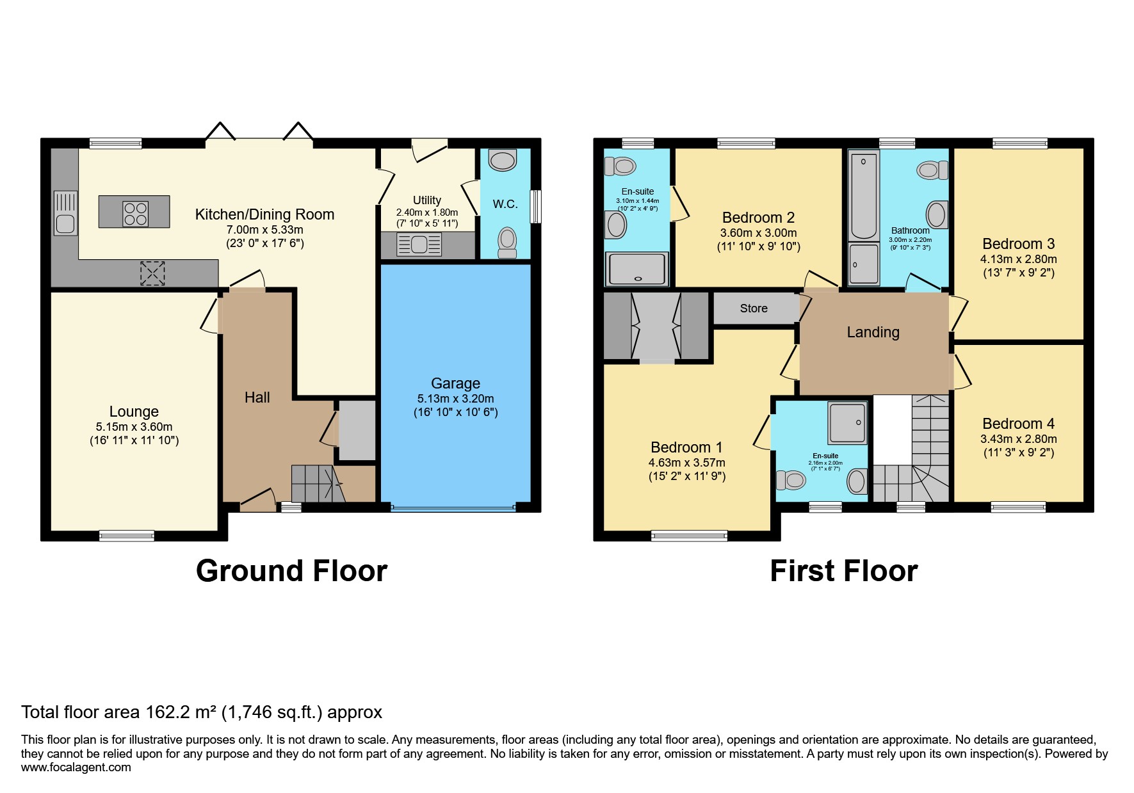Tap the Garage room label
455,383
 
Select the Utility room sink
419,244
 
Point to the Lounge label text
134,412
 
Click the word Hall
257,397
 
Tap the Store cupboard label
754,308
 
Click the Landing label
873,332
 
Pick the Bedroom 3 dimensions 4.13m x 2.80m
1018,259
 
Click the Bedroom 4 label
1018,424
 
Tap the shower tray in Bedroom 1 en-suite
848,422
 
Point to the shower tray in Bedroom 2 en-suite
637,269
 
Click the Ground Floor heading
291,571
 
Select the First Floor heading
843,571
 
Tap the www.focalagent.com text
76,767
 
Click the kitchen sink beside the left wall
65,213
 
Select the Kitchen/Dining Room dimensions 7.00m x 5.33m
264,229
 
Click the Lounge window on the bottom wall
127,536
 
